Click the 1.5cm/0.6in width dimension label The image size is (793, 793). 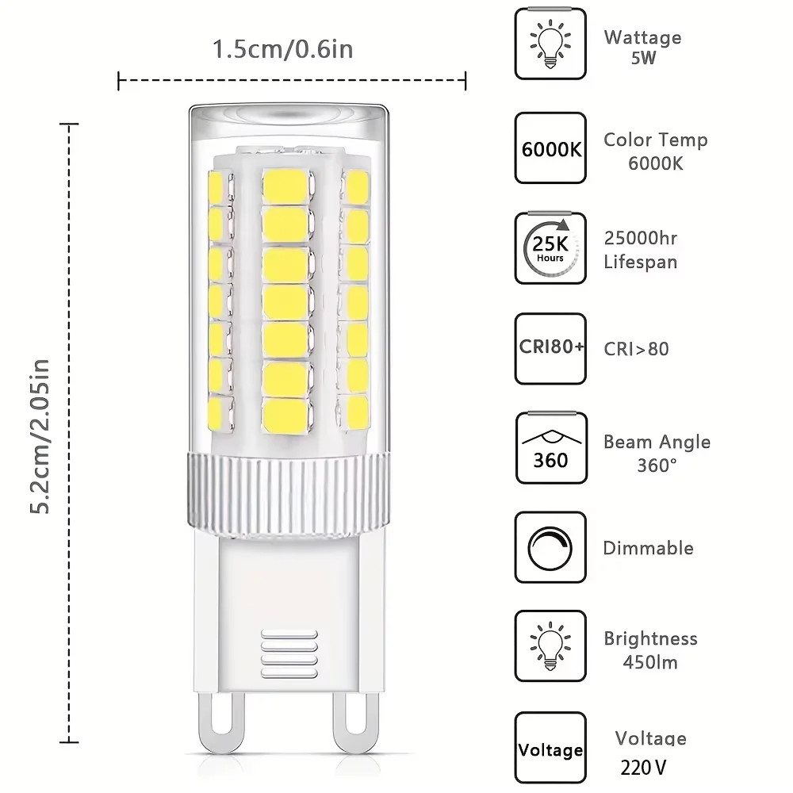pyautogui.click(x=282, y=49)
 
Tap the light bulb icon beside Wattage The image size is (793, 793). pyautogui.click(x=550, y=44)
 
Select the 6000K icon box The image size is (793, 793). pyautogui.click(x=550, y=148)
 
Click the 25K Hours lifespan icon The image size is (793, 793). pyautogui.click(x=550, y=248)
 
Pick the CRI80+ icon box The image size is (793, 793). pyautogui.click(x=550, y=348)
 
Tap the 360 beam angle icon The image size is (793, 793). pyautogui.click(x=550, y=448)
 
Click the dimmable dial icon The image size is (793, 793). pyautogui.click(x=550, y=547)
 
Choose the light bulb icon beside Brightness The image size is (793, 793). pyautogui.click(x=550, y=646)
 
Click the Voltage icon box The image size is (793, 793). pyautogui.click(x=550, y=749)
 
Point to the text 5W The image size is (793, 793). pyautogui.click(x=644, y=58)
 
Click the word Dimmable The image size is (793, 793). pyautogui.click(x=648, y=548)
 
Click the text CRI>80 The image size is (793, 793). pyautogui.click(x=636, y=348)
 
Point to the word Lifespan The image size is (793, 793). pyautogui.click(x=641, y=261)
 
